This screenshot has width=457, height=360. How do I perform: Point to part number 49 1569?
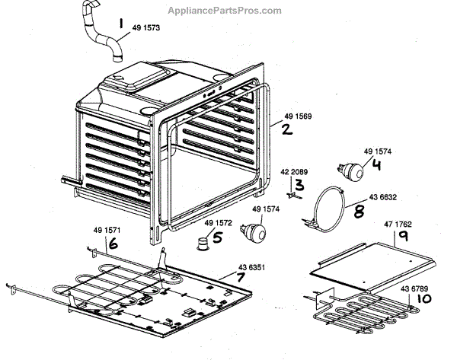pos(299,117)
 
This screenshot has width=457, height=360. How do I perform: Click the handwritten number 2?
pos(287,129)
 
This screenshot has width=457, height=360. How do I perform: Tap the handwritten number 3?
pos(299,184)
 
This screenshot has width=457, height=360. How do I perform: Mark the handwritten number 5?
pos(217,237)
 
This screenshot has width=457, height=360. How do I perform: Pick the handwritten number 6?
pos(113,244)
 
